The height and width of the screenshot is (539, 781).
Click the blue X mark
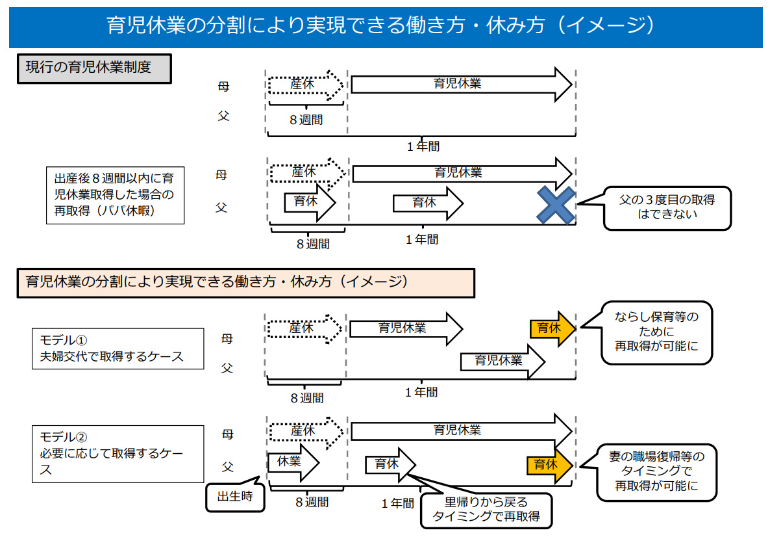556,205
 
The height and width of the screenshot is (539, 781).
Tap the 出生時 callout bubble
236,496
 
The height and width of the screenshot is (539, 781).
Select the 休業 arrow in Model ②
293,462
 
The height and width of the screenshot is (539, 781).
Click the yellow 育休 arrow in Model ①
552,329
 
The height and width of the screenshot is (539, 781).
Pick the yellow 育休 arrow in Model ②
550,466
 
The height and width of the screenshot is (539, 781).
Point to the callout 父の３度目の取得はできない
667,208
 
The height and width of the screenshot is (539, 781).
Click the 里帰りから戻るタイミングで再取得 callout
486,510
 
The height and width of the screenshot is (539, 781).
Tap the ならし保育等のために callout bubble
657,333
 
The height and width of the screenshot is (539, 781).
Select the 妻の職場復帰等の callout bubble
657,472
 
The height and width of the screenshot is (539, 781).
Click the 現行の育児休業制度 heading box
95,68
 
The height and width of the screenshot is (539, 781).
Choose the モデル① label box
118,348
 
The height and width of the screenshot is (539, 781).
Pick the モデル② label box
118,454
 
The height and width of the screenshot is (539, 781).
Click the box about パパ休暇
115,195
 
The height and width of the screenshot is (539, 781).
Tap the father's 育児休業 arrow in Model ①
502,362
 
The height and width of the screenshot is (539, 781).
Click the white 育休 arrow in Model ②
391,465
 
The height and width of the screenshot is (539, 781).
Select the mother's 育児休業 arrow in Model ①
406,329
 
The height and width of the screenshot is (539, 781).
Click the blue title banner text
381,25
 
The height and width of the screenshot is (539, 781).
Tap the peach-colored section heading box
246,283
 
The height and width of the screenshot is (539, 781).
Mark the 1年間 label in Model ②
398,503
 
